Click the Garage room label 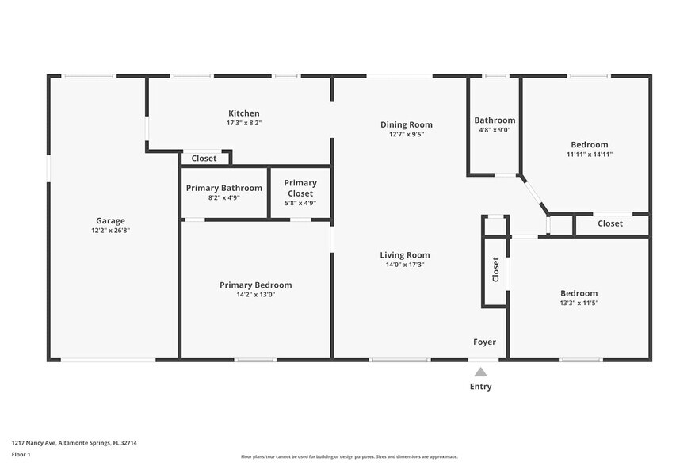(x=111, y=221)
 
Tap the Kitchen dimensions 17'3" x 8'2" (x=244, y=123)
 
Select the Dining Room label (x=406, y=125)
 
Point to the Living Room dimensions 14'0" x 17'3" (x=405, y=265)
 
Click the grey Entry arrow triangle (x=480, y=372)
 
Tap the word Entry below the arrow (x=480, y=387)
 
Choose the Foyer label (x=484, y=342)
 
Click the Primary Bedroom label (x=256, y=285)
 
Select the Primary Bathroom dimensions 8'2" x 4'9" (x=224, y=198)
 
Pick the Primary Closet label (x=300, y=188)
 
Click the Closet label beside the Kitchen (x=204, y=159)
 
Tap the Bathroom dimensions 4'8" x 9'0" (x=495, y=130)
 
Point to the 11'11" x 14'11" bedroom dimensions (x=590, y=155)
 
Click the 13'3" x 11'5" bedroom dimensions (x=579, y=304)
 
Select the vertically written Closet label (x=495, y=269)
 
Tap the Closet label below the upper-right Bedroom (x=610, y=223)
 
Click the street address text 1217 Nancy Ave (x=33, y=443)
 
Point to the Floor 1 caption (x=21, y=454)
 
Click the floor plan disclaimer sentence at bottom (x=349, y=456)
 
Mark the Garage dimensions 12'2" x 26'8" (x=111, y=231)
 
